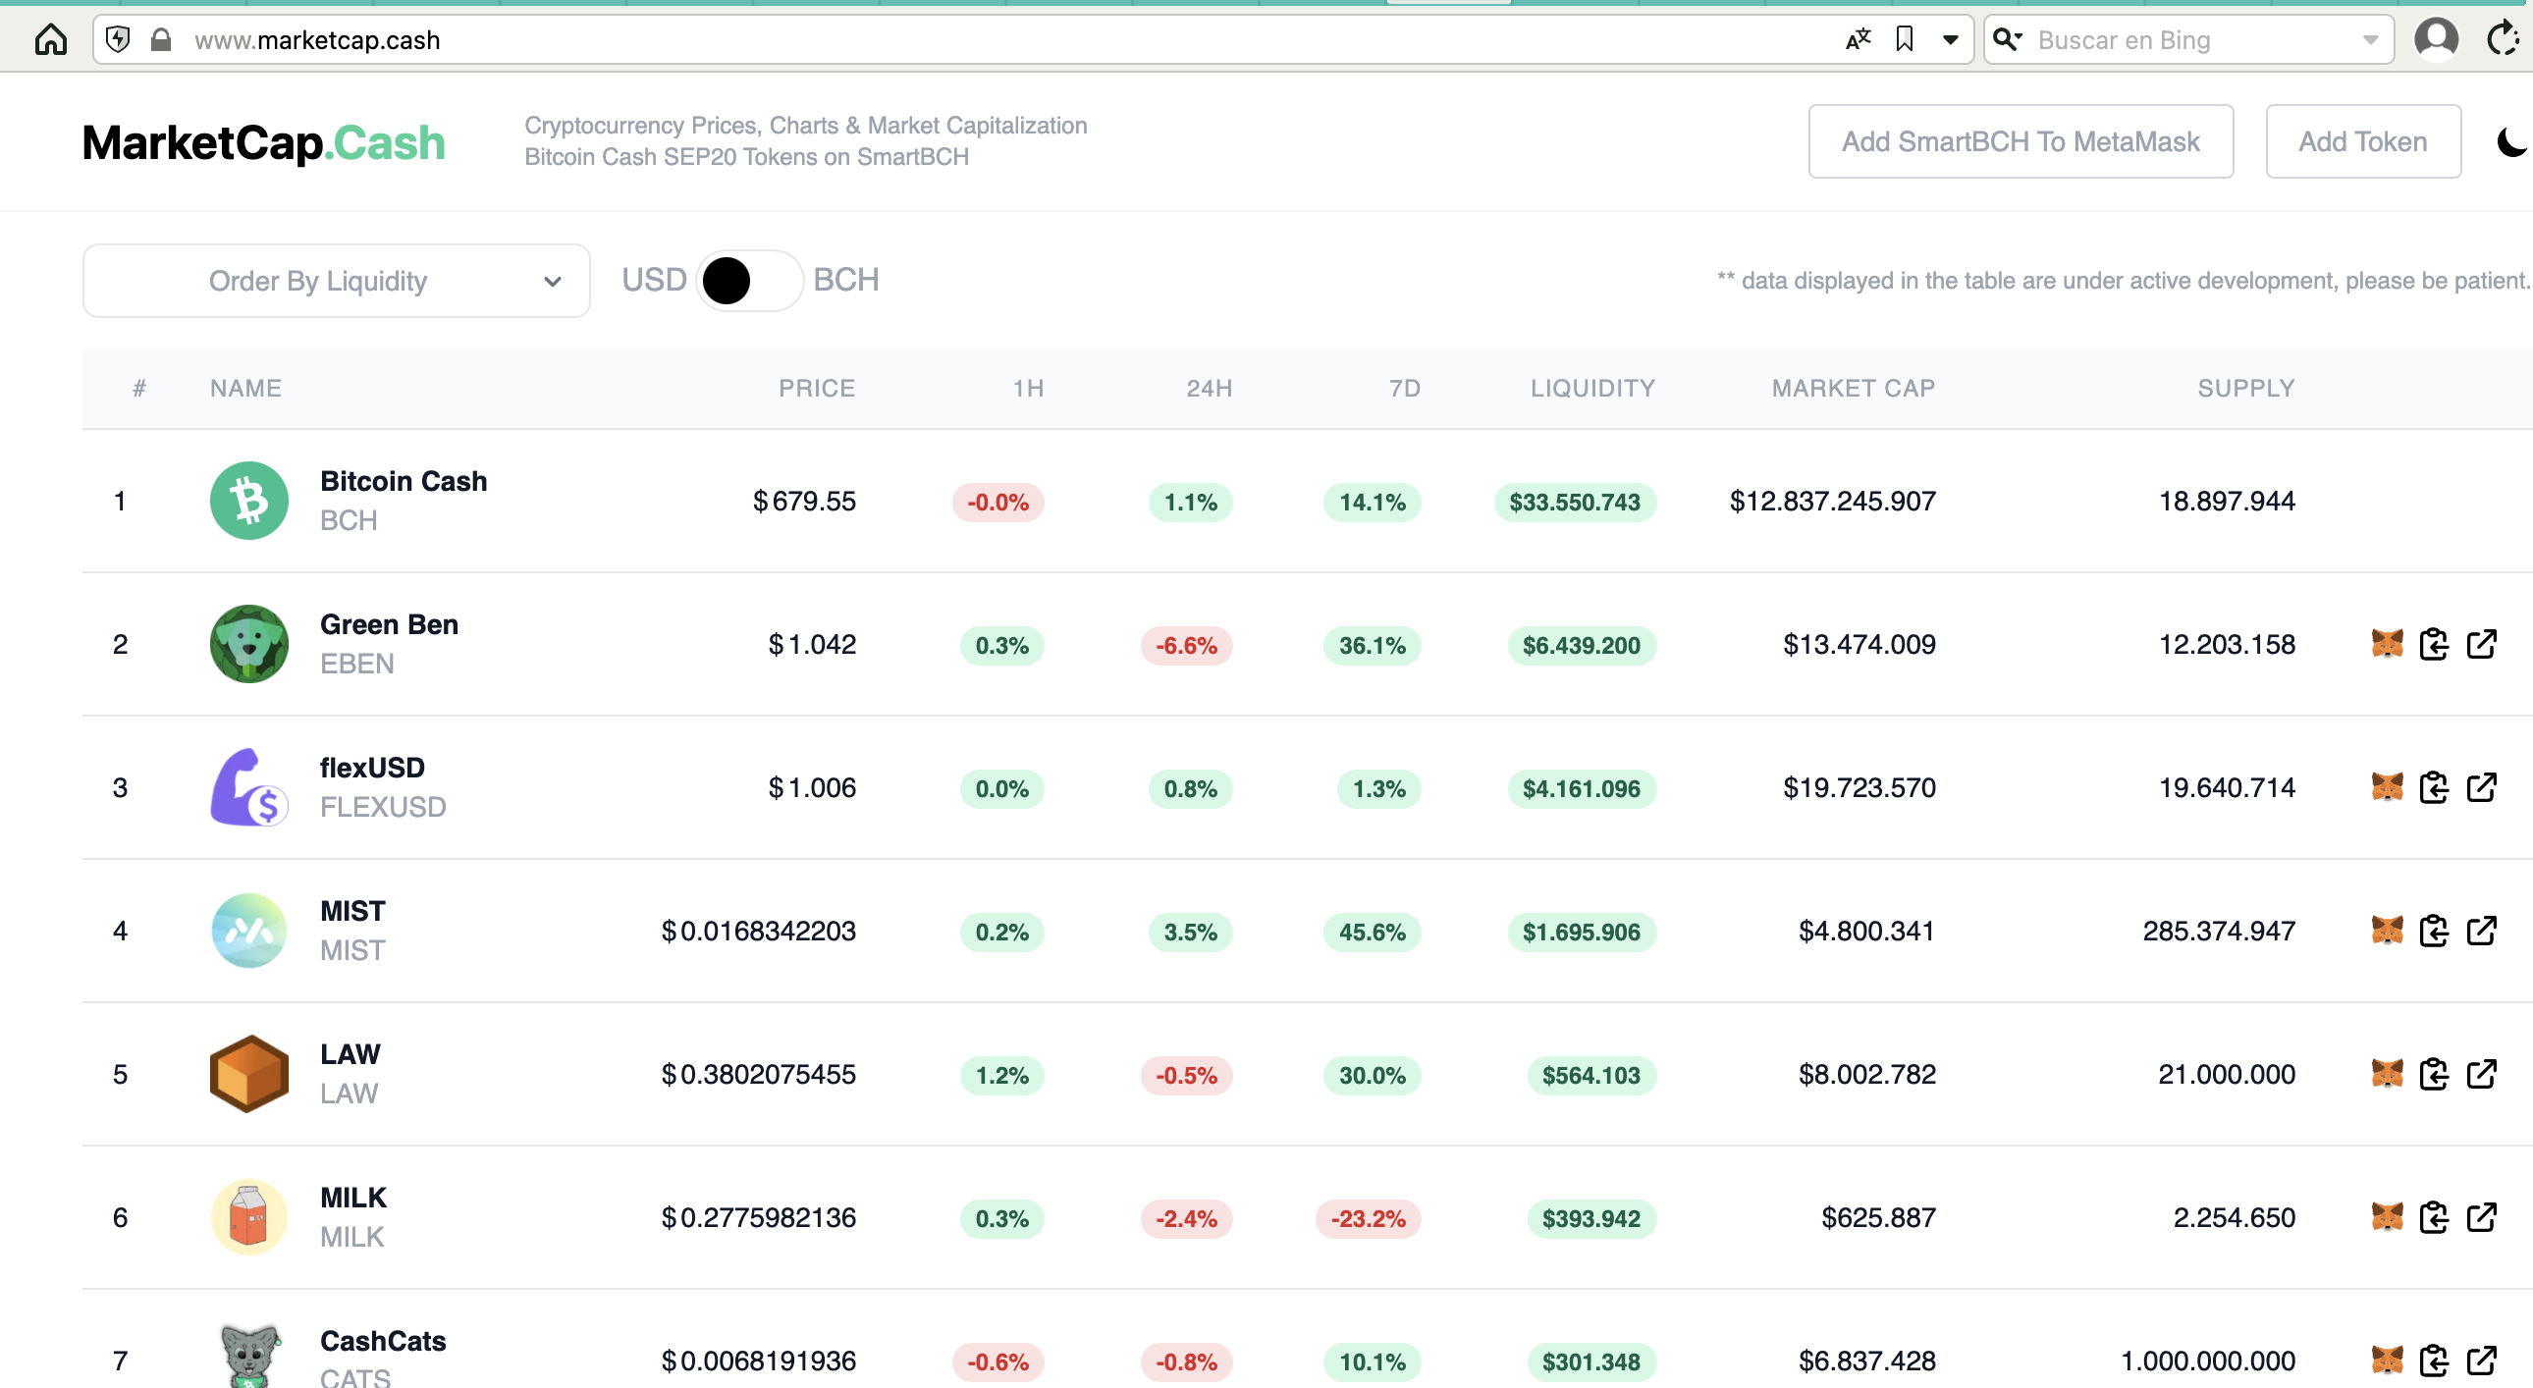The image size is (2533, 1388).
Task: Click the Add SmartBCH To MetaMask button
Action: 2020,141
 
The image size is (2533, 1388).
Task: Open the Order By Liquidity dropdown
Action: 337,281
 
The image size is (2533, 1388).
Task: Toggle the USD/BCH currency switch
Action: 749,281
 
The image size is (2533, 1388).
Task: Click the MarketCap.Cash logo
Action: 263,142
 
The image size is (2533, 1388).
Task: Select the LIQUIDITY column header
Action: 1592,389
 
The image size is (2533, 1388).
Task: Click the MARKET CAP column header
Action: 1853,389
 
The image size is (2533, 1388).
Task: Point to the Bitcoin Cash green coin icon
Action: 248,501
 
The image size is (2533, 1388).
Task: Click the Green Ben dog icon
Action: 248,644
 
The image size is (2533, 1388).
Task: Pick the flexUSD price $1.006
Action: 811,787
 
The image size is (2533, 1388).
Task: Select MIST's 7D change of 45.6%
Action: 1372,932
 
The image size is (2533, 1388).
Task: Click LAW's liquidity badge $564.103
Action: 1591,1076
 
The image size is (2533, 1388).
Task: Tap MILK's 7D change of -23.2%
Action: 1368,1219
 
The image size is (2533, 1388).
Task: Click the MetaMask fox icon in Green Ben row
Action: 2387,644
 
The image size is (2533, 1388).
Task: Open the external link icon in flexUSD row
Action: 2481,787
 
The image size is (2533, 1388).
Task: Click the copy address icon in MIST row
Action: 2434,931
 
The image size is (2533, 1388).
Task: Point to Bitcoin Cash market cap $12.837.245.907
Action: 1832,501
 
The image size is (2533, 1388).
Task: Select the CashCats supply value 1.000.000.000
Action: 2207,1361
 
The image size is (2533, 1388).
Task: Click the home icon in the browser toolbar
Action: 51,39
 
